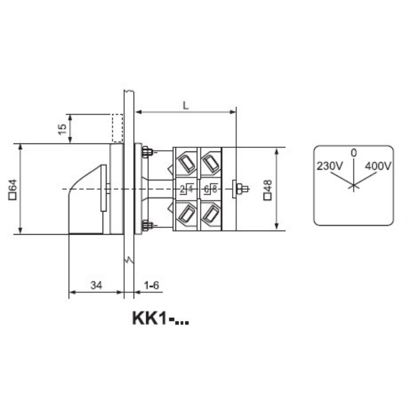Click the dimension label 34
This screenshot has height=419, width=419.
tap(96, 285)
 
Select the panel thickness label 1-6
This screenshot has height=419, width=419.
tap(151, 285)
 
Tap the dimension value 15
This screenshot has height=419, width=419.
tap(62, 129)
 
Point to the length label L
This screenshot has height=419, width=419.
tap(186, 105)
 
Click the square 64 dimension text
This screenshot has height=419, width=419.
tap(13, 190)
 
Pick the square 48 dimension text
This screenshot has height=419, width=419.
tap(268, 190)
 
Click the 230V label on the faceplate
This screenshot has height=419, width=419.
tap(329, 166)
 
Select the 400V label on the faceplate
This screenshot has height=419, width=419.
tap(378, 166)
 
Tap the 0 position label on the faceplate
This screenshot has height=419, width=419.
tap(354, 153)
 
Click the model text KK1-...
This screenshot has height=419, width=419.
tap(161, 318)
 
